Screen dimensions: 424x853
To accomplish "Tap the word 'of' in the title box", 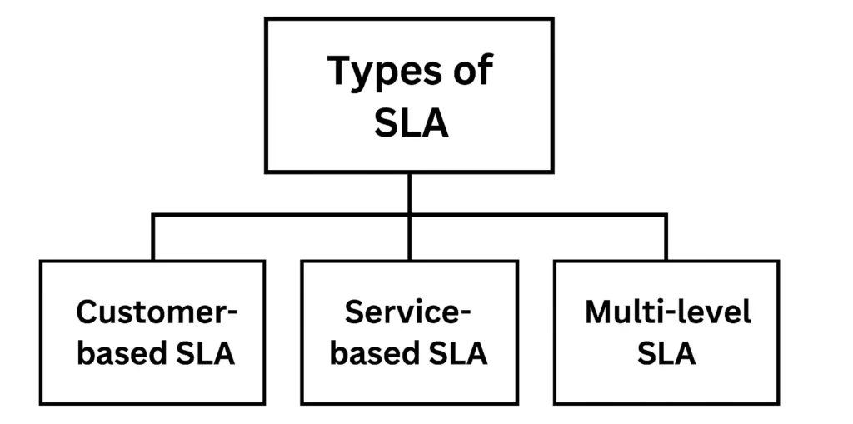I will [x=469, y=71].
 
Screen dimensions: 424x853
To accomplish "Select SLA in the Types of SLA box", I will [x=411, y=123].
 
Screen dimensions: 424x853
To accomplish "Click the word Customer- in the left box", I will [x=157, y=312].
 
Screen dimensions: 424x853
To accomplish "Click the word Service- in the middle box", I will [x=408, y=312].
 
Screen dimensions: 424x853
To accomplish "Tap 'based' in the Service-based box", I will [x=372, y=352].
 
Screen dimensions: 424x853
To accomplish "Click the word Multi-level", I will [x=667, y=312].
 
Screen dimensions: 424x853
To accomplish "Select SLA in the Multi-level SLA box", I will [x=666, y=352].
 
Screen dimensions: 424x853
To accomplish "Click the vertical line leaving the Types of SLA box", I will [x=409, y=193].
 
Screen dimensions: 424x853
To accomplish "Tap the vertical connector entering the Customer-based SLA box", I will [x=152, y=238].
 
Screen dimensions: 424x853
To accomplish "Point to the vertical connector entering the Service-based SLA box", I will [x=409, y=238].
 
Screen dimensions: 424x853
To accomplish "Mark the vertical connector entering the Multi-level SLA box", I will [x=666, y=238].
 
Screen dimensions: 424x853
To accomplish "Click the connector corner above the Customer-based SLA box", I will [x=152, y=215].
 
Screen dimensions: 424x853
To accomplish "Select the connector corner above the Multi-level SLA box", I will [x=666, y=215].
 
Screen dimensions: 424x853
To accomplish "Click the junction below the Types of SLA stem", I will [x=409, y=215].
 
